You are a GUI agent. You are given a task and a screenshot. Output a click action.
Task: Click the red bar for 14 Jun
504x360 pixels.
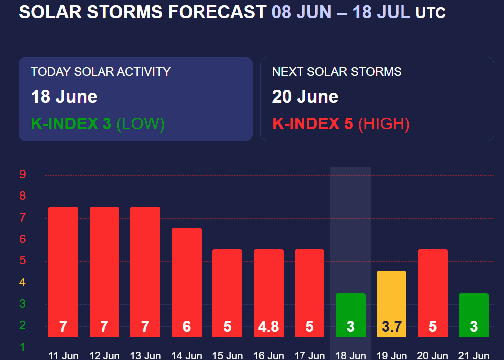[187, 282]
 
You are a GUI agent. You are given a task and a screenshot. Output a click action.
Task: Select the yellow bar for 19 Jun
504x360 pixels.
[392, 304]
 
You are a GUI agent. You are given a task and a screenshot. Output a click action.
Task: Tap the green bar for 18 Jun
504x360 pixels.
[351, 315]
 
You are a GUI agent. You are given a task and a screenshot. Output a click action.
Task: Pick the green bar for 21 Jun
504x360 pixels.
[474, 315]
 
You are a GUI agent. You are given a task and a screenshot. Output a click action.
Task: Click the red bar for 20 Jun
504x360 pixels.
[433, 293]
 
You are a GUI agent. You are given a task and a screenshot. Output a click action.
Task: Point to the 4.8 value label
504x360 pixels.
[268, 327]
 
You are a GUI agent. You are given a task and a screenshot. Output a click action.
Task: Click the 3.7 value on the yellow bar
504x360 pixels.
[392, 327]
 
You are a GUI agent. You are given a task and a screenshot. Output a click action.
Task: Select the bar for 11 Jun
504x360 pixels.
[63, 271]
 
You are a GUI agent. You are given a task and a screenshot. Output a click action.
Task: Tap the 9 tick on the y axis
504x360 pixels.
[22, 174]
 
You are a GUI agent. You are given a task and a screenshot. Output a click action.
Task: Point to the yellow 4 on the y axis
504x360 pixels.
[22, 282]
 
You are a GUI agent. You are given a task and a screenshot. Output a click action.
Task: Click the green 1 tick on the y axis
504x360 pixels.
[22, 347]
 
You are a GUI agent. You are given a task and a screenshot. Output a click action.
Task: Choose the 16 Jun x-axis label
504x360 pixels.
[268, 356]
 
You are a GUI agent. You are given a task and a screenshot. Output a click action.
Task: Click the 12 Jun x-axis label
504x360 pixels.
[104, 356]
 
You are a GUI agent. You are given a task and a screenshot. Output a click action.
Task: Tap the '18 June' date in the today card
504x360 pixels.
[64, 97]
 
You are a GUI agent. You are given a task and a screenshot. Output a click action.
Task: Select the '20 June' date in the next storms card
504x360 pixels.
[305, 97]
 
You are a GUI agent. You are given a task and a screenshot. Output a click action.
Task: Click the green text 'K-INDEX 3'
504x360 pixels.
[71, 124]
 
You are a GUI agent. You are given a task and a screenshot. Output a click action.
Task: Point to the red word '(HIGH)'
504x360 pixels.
[384, 124]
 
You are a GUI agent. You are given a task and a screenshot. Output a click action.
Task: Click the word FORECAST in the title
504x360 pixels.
[217, 12]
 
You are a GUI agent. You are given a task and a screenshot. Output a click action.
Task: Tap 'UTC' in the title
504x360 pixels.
[431, 13]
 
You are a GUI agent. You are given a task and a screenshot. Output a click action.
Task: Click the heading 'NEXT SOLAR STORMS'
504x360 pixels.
[336, 71]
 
